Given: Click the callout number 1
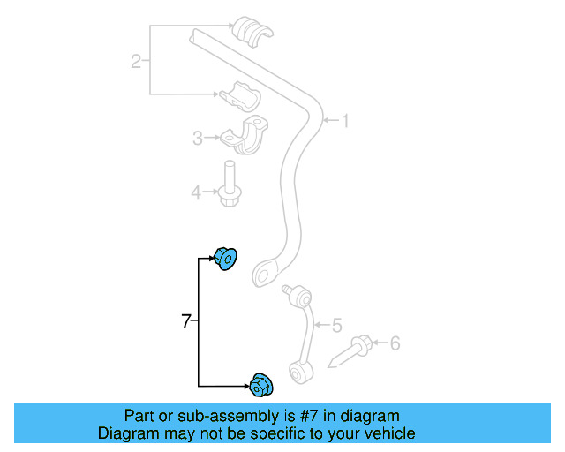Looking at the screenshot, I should click(344, 120).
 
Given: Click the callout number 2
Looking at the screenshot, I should click(136, 61).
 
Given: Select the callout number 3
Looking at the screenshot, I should click(199, 138).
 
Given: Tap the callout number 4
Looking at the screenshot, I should click(199, 190).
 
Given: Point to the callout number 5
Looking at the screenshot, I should click(336, 326).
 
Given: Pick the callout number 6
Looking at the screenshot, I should click(395, 342).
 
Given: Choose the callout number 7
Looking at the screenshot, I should click(185, 322).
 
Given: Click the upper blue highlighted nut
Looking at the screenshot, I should click(228, 260).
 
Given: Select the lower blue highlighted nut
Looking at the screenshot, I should click(261, 385).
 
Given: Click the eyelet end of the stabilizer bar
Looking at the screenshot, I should click(263, 273).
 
